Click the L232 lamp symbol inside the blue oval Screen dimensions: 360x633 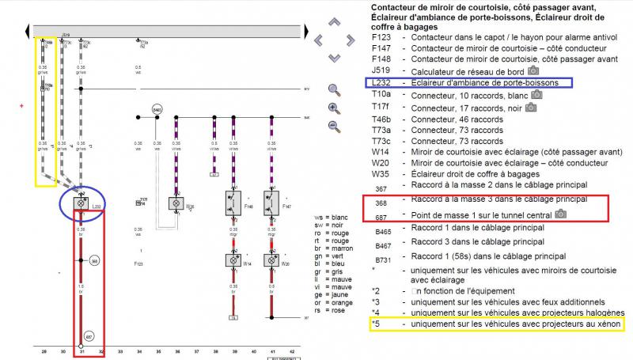click(x=80, y=203)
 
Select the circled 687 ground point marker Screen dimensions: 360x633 click(x=90, y=336)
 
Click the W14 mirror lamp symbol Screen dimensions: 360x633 click(x=233, y=260)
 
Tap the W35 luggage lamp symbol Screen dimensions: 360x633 click(x=176, y=203)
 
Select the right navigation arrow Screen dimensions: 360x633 click(x=351, y=39)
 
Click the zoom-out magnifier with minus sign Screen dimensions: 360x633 click(x=334, y=126)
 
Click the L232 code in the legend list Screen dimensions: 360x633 click(x=381, y=82)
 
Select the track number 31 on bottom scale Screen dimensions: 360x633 click(x=81, y=351)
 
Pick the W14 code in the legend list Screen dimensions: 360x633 click(x=381, y=151)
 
